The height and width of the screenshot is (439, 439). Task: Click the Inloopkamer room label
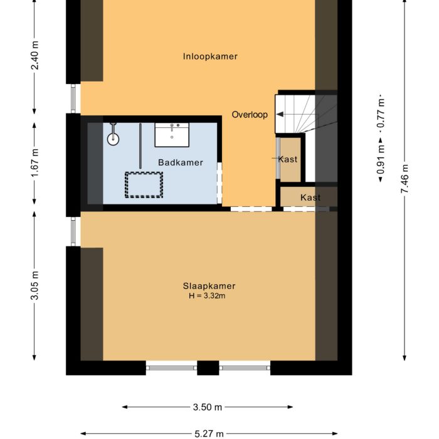click(210, 56)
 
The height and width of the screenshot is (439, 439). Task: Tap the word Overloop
click(250, 115)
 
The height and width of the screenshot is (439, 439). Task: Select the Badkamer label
click(180, 162)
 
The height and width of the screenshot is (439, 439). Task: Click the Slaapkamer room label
click(210, 286)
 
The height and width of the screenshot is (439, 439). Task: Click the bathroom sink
click(172, 133)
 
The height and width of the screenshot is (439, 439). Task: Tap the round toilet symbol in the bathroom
click(113, 138)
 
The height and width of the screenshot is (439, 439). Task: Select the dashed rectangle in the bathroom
click(144, 184)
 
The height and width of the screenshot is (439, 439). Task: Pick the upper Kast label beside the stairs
click(288, 159)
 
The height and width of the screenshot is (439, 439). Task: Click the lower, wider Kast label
click(310, 198)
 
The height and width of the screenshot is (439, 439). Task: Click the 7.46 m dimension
click(405, 177)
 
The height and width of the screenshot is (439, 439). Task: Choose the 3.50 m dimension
click(208, 407)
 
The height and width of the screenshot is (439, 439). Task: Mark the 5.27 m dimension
click(208, 433)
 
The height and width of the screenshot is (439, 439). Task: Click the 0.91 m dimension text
click(380, 161)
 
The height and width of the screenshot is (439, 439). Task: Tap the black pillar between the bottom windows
click(208, 368)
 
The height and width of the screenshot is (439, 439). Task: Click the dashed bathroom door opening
click(219, 183)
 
